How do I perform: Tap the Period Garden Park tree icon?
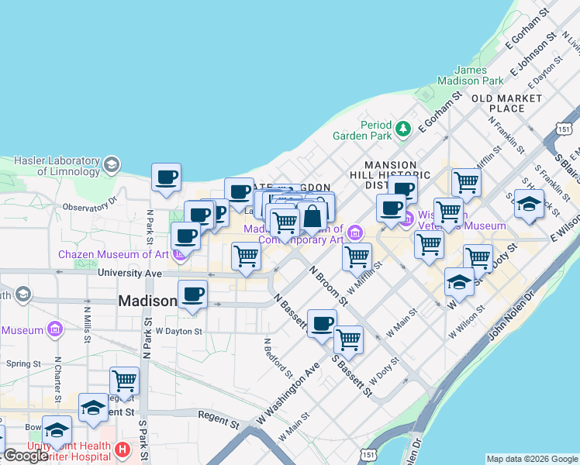click(x=402, y=128)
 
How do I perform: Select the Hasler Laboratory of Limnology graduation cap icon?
click(x=112, y=164)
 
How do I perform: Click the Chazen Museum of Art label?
click(x=113, y=254)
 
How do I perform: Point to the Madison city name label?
click(x=147, y=301)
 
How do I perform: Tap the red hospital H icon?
click(x=122, y=449)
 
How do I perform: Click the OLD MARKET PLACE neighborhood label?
click(x=506, y=103)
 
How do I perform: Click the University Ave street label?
click(x=129, y=274)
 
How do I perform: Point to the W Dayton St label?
click(x=178, y=331)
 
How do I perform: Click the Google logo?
click(x=26, y=456)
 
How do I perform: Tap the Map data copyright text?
click(x=532, y=459)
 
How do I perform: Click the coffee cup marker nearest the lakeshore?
click(x=166, y=177)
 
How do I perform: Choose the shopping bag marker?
click(x=312, y=217)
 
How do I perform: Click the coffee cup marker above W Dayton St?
click(x=192, y=294)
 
